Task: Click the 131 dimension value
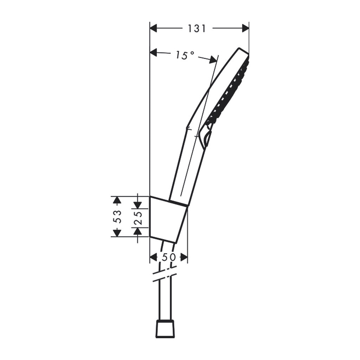[x=197, y=29]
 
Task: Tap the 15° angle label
[x=185, y=55]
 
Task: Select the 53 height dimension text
[x=117, y=217]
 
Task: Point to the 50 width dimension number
[x=169, y=257]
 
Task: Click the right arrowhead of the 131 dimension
[x=245, y=28]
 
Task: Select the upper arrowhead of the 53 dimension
[x=117, y=200]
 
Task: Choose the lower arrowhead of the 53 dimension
[x=117, y=233]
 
